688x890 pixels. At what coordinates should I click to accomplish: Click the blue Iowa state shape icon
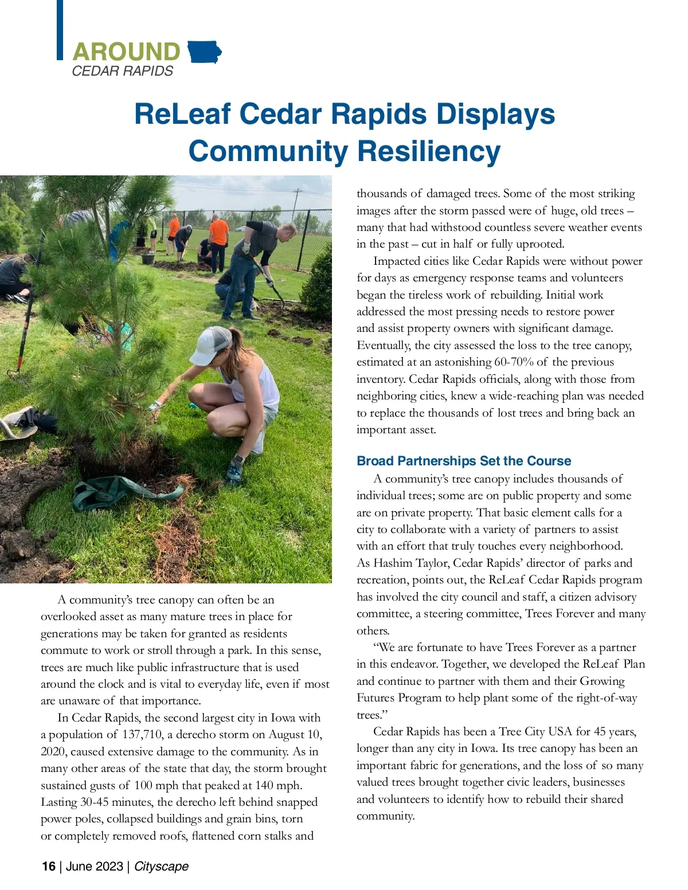(x=204, y=52)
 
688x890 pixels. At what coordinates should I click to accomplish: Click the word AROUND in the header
(x=126, y=52)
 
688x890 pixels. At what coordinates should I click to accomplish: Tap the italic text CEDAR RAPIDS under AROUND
(x=122, y=71)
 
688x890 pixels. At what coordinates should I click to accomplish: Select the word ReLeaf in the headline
(x=182, y=113)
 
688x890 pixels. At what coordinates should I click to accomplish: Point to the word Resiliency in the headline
(x=429, y=151)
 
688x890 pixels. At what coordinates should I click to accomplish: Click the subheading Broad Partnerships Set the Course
(x=463, y=461)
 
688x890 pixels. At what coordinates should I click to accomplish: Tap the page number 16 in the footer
(x=48, y=866)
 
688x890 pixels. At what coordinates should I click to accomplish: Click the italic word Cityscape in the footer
(x=161, y=866)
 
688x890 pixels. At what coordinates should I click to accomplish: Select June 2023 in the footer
(x=94, y=866)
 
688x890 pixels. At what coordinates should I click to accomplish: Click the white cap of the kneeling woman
(x=210, y=345)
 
